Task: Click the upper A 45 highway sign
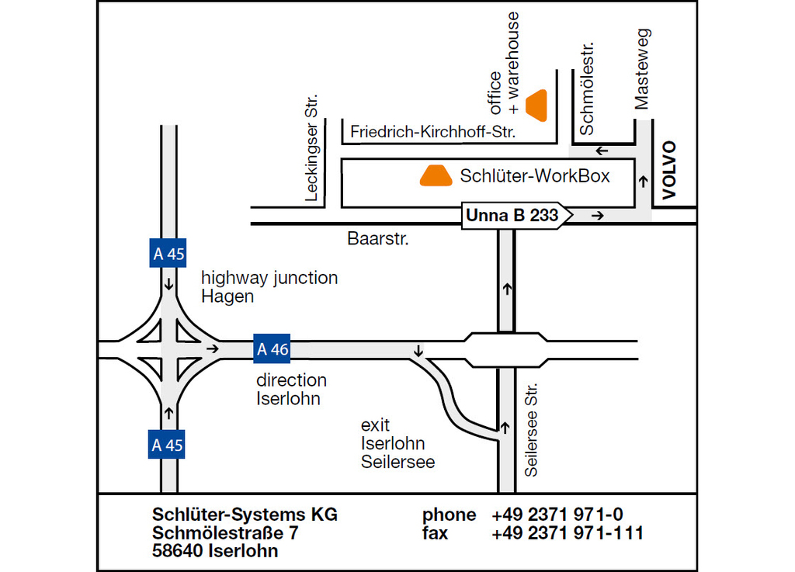(x=168, y=253)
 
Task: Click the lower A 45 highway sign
(x=167, y=444)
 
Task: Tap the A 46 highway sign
(x=273, y=348)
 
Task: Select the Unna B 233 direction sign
(x=516, y=215)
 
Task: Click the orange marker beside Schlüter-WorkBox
(x=436, y=175)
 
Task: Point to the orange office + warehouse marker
(x=536, y=106)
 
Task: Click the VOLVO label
(x=669, y=170)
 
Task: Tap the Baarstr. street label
(x=378, y=238)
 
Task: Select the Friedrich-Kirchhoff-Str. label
(x=433, y=132)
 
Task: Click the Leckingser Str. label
(x=311, y=147)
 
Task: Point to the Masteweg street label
(x=642, y=69)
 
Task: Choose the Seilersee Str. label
(x=531, y=430)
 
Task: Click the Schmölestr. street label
(x=586, y=88)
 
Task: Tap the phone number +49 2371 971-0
(x=557, y=515)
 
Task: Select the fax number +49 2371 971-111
(x=568, y=533)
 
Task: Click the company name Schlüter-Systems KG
(x=245, y=515)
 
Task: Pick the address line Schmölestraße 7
(x=225, y=533)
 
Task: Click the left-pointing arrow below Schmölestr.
(x=602, y=151)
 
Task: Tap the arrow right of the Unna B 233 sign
(x=598, y=216)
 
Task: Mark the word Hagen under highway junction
(x=227, y=296)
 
